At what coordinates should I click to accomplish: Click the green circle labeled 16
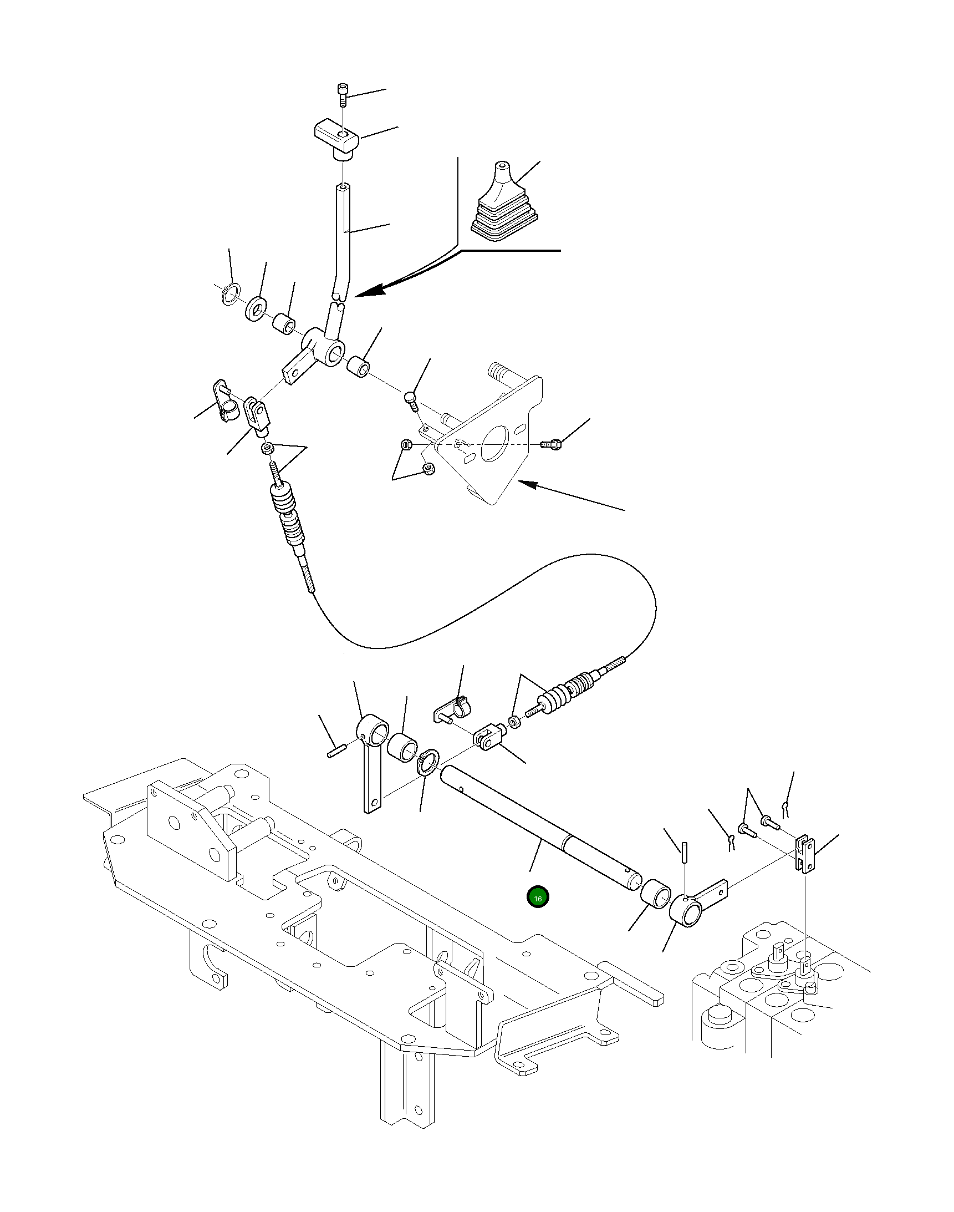tap(538, 898)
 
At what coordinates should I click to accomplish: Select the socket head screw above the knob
tap(343, 95)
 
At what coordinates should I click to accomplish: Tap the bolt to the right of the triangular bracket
tap(552, 445)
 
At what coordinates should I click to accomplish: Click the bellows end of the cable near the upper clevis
tap(289, 514)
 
